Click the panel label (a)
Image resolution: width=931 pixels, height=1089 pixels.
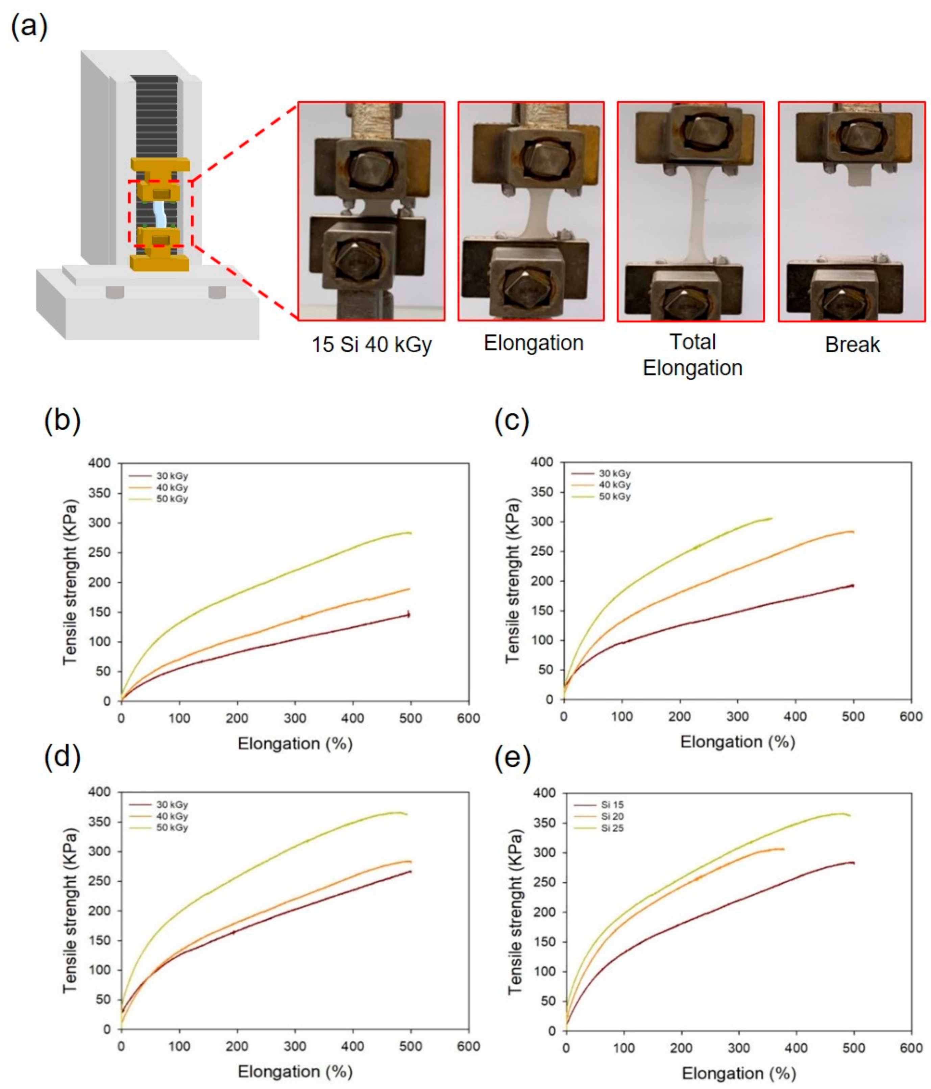pos(29,26)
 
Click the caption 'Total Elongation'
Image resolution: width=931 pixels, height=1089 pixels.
pos(692,355)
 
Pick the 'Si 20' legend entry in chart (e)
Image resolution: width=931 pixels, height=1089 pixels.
pos(612,816)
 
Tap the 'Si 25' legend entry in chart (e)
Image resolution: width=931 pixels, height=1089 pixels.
pos(612,828)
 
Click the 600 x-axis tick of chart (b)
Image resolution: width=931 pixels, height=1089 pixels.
pos(468,718)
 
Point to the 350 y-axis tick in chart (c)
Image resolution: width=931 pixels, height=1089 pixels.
pos(541,492)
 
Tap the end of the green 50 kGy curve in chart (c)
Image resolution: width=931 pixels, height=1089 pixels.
pos(771,518)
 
